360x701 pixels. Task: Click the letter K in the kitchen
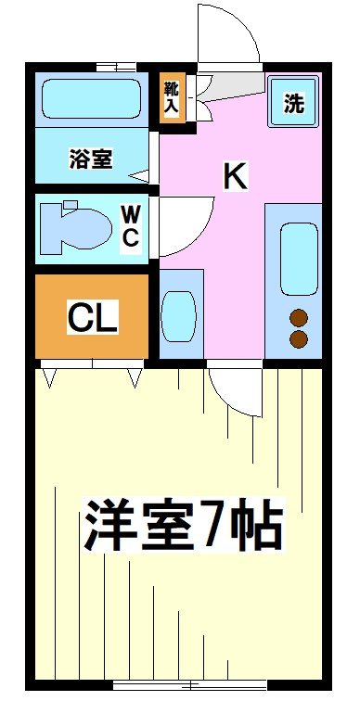[235, 175]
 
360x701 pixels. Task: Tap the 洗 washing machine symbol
[294, 103]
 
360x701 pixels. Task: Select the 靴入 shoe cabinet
[173, 97]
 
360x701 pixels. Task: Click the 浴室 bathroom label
[91, 159]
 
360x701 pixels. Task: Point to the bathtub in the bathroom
[90, 98]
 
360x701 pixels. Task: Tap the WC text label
[131, 226]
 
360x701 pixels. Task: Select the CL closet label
[92, 318]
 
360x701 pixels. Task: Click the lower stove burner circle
[299, 339]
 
